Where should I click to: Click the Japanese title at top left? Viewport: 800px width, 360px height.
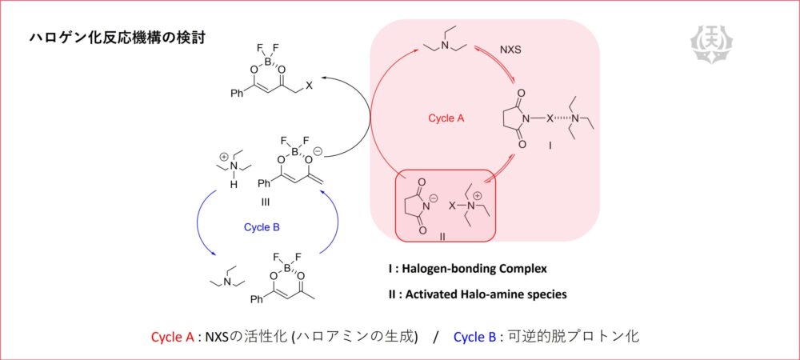[117, 38]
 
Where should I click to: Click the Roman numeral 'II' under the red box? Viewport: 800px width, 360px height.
[442, 237]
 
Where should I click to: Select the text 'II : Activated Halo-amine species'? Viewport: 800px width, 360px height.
[476, 294]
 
